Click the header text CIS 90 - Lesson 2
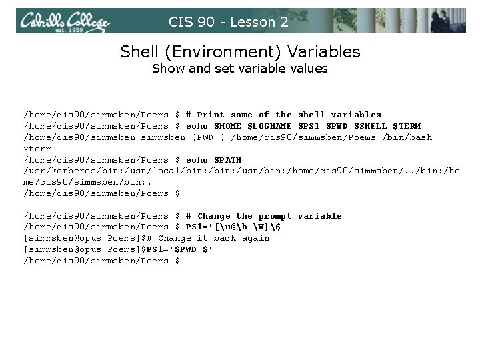[x=229, y=22]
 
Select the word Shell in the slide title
[x=140, y=51]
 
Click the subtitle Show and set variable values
[x=239, y=69]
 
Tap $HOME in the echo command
[x=226, y=126]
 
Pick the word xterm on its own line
[x=37, y=149]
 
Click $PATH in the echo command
[x=226, y=160]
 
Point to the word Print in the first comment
[x=211, y=115]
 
